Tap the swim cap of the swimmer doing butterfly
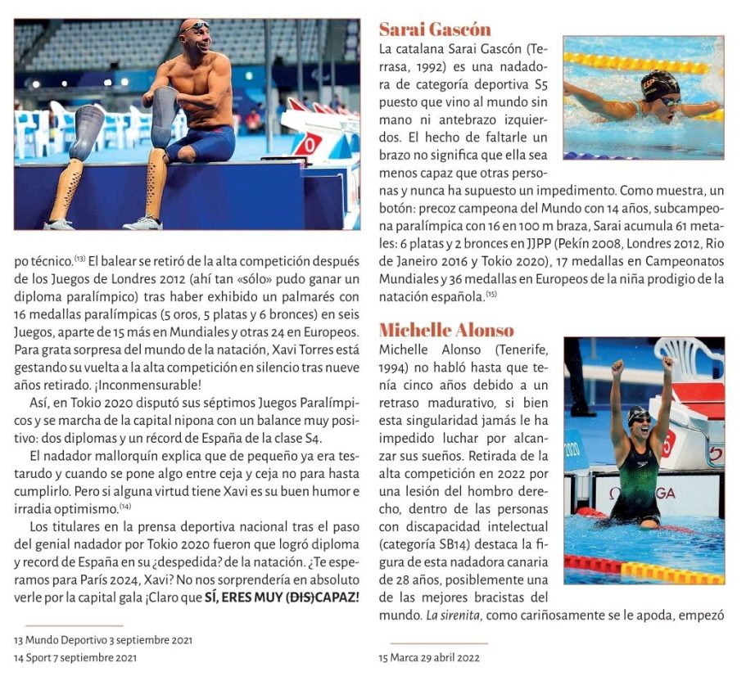tap(660, 83)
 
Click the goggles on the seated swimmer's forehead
tap(196, 27)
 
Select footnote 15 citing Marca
tap(428, 656)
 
